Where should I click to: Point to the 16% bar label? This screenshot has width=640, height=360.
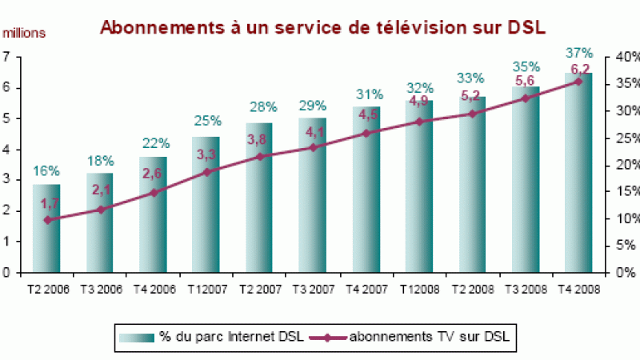coord(46,170)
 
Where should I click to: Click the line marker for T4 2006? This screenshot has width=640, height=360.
coord(154,193)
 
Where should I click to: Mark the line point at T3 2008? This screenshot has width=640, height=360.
coord(526,98)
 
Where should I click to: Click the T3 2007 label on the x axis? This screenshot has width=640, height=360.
coord(312,289)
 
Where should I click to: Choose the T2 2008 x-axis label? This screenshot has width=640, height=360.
coord(472,289)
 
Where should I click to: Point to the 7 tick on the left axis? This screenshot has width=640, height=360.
coord(6,57)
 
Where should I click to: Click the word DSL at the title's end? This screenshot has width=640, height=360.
coord(523,27)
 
